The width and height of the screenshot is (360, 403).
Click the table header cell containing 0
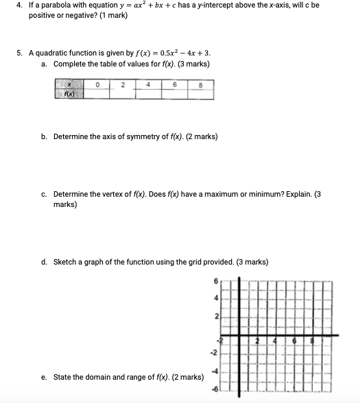click(x=98, y=85)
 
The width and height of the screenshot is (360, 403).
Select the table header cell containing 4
click(x=147, y=85)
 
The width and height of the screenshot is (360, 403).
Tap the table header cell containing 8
click(x=200, y=85)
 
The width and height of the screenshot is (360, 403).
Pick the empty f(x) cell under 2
click(x=122, y=95)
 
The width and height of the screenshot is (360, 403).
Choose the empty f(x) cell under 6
click(x=173, y=95)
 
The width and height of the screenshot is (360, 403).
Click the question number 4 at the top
click(x=20, y=5)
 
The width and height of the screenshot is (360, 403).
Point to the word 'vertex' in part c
click(x=112, y=194)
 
